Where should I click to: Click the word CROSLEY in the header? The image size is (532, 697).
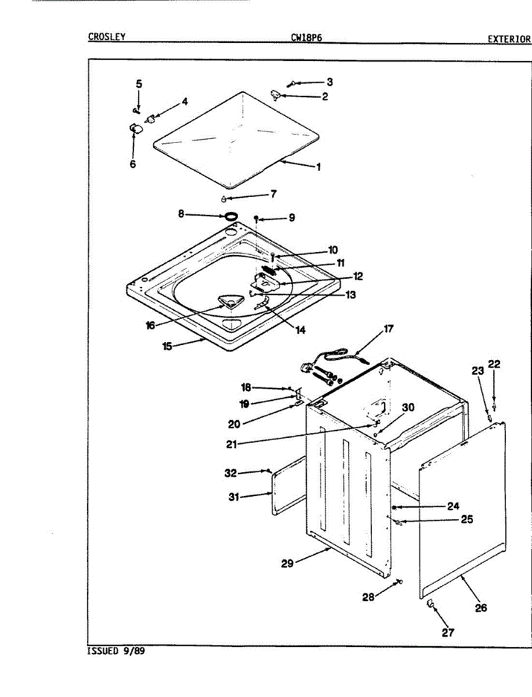pyautogui.click(x=107, y=37)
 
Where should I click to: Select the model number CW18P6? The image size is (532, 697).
pyautogui.click(x=306, y=38)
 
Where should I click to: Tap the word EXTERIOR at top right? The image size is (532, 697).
pyautogui.click(x=509, y=39)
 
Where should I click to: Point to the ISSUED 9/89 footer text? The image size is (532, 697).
pyautogui.click(x=115, y=651)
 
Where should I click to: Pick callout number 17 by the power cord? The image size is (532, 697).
pyautogui.click(x=388, y=329)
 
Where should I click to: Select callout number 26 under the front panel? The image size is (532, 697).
pyautogui.click(x=480, y=608)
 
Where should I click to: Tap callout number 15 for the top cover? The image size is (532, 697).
pyautogui.click(x=167, y=346)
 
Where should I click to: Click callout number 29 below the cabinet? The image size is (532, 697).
pyautogui.click(x=288, y=563)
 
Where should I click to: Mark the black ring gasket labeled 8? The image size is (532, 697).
pyautogui.click(x=231, y=216)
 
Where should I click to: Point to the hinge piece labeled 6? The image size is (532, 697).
pyautogui.click(x=136, y=128)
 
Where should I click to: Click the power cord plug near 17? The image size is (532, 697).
pyautogui.click(x=306, y=368)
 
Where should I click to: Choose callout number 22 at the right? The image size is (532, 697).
pyautogui.click(x=494, y=364)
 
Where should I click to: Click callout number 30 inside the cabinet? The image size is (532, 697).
pyautogui.click(x=408, y=408)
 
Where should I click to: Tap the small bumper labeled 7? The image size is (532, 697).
pyautogui.click(x=224, y=199)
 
